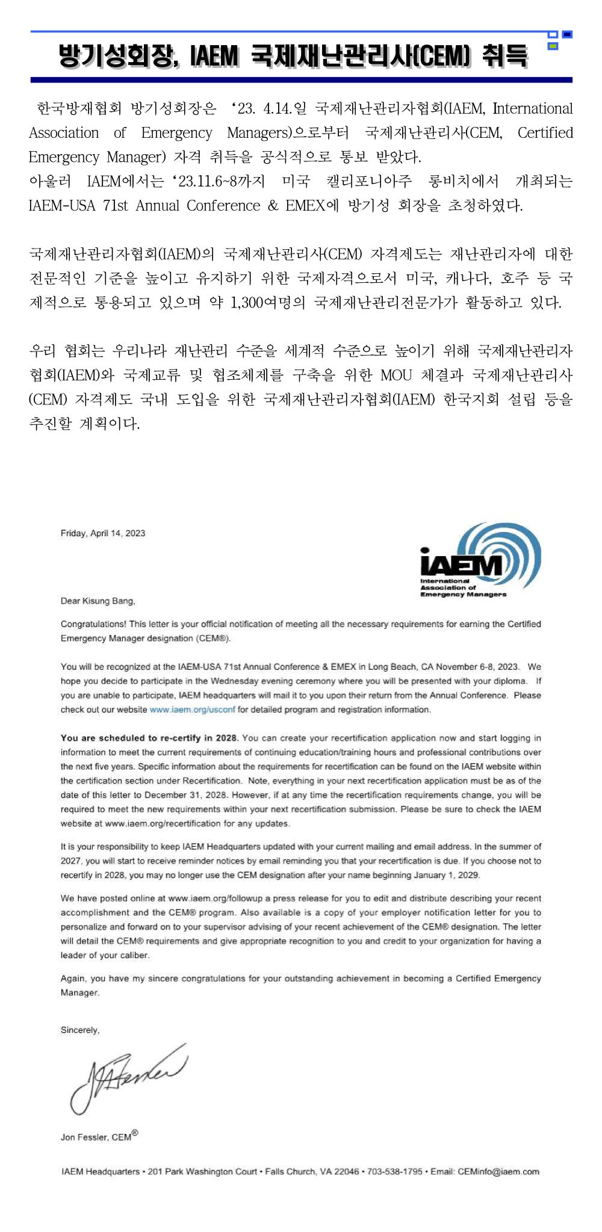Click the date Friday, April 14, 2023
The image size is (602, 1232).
pyautogui.click(x=103, y=533)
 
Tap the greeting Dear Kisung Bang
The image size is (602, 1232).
pyautogui.click(x=98, y=601)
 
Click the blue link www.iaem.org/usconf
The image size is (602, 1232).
pyautogui.click(x=193, y=710)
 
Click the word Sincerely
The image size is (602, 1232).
pyautogui.click(x=80, y=1030)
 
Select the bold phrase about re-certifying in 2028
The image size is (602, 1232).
pyautogui.click(x=150, y=738)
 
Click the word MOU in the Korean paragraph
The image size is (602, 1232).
pyautogui.click(x=396, y=376)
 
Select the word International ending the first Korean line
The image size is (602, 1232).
pyautogui.click(x=533, y=109)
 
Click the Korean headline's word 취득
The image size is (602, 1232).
pyautogui.click(x=504, y=57)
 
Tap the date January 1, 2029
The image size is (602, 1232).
pyautogui.click(x=446, y=874)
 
